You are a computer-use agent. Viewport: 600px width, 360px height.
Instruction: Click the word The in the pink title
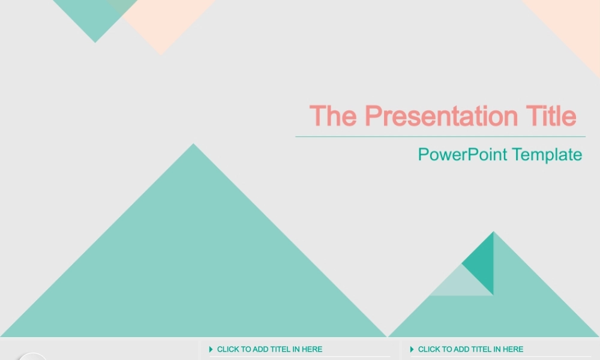[x=333, y=116]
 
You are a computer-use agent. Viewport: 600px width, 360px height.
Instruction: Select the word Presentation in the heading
[x=441, y=116]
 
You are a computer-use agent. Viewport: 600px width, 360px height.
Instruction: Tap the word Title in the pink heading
[x=551, y=116]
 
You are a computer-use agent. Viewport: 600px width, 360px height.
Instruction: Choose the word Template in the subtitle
[x=547, y=155]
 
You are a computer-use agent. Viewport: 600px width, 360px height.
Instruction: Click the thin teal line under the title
[x=440, y=137]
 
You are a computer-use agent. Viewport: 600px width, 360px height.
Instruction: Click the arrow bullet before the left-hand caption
[x=211, y=349]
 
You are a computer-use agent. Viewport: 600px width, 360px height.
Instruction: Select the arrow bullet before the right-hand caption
[x=412, y=349]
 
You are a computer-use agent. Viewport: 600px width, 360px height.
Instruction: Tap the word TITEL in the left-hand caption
[x=281, y=349]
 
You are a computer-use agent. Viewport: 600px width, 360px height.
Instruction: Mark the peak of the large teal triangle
[x=194, y=144]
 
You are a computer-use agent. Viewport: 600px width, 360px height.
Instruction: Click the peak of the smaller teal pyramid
[x=494, y=232]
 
